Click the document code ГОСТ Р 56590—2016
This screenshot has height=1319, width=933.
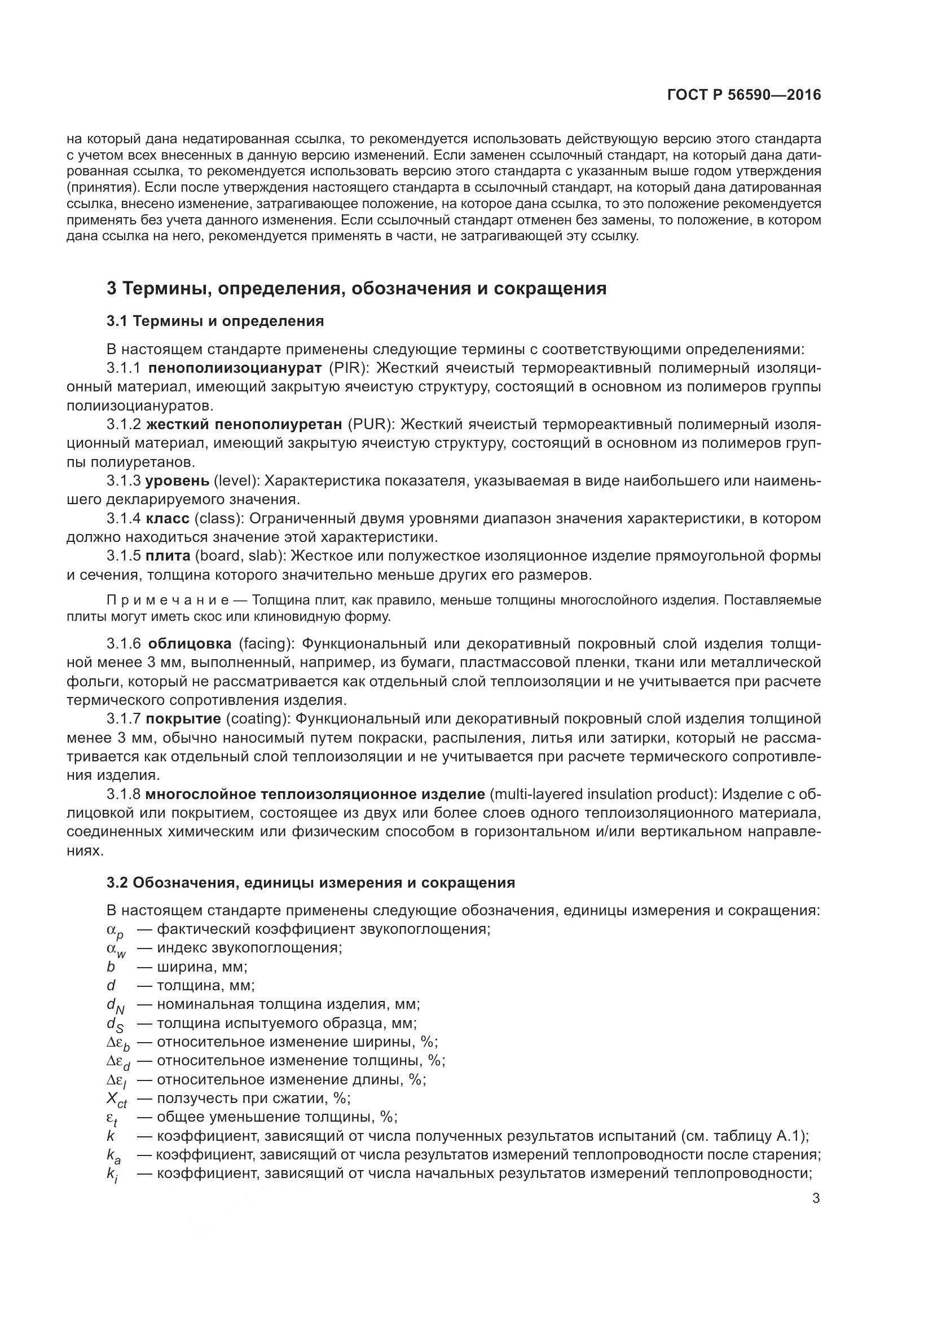(x=744, y=95)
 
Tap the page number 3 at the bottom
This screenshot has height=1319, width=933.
(x=816, y=1198)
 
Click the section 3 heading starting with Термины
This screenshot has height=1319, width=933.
(x=356, y=288)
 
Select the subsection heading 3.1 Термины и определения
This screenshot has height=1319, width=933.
(x=215, y=321)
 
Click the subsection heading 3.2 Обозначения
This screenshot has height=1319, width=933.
(x=310, y=883)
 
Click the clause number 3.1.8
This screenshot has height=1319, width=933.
(x=123, y=794)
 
